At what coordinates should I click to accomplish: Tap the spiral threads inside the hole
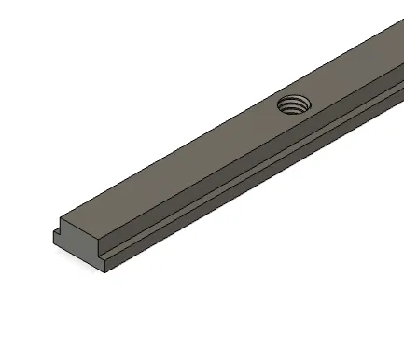pos(295,105)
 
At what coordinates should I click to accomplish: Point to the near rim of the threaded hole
pos(292,111)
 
